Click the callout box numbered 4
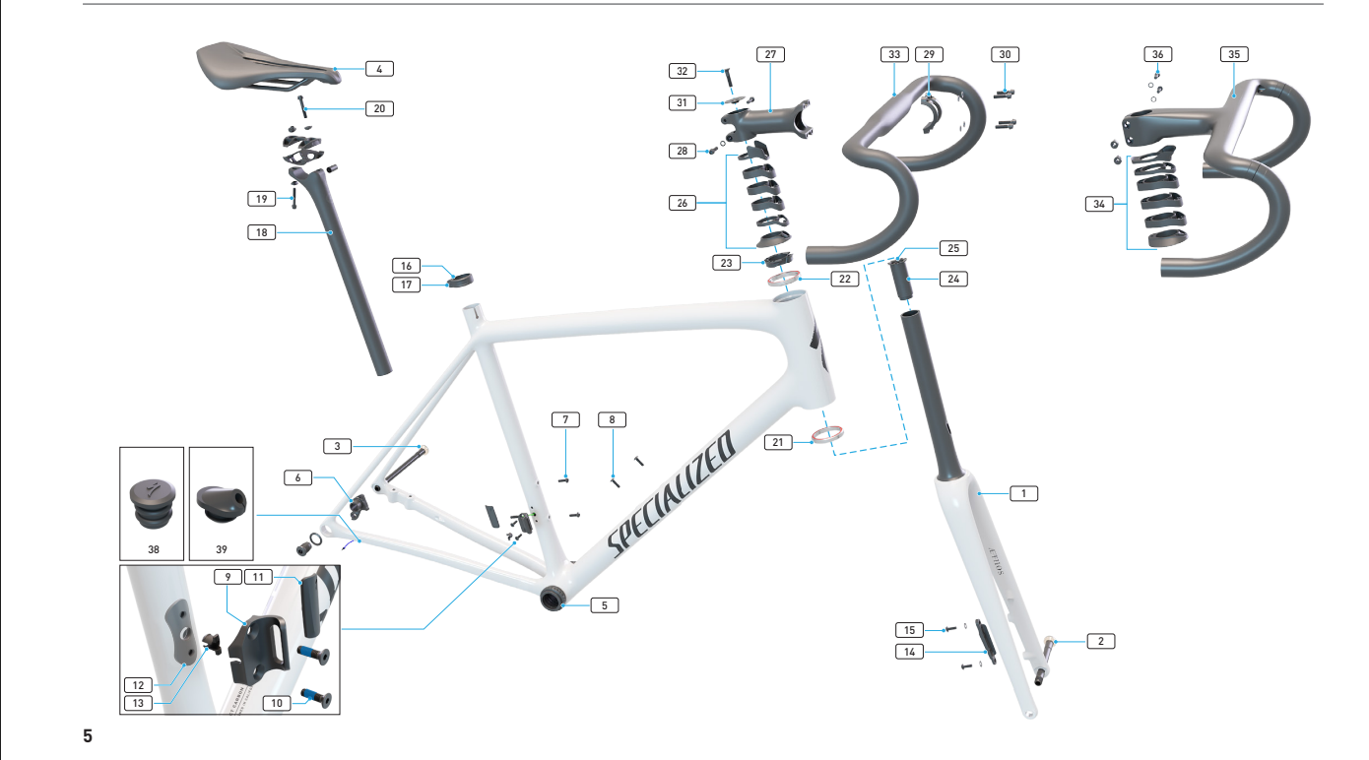pyautogui.click(x=378, y=69)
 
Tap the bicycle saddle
pyautogui.click(x=264, y=65)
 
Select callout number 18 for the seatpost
pyautogui.click(x=261, y=232)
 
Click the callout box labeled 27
pyautogui.click(x=770, y=54)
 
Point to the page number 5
pyautogui.click(x=88, y=735)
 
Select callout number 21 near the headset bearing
pyautogui.click(x=778, y=442)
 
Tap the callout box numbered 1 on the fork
pyautogui.click(x=1024, y=492)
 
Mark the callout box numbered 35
pyautogui.click(x=1233, y=54)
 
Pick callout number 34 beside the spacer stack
pyautogui.click(x=1096, y=204)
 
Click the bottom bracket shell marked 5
pyautogui.click(x=552, y=600)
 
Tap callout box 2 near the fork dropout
pyautogui.click(x=1100, y=641)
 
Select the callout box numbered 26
pyautogui.click(x=680, y=204)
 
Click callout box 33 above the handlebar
pyautogui.click(x=893, y=54)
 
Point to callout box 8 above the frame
pyautogui.click(x=612, y=419)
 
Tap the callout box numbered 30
pyautogui.click(x=1004, y=54)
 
